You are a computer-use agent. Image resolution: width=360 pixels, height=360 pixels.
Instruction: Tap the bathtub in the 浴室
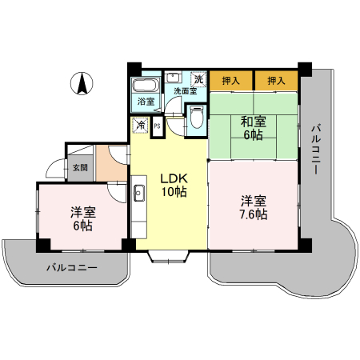(146, 86)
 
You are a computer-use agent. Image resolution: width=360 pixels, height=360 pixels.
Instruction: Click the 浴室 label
(146, 102)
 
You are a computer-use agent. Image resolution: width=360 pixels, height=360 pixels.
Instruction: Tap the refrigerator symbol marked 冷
(140, 125)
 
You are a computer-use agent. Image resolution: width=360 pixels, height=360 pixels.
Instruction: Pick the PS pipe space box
(157, 126)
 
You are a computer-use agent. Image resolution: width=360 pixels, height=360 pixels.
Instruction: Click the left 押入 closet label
(231, 81)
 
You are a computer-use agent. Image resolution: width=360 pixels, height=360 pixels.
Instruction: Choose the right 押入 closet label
(276, 81)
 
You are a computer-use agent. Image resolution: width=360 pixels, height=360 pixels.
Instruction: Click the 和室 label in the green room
(253, 122)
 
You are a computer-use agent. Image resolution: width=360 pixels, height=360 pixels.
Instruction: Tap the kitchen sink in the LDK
(138, 193)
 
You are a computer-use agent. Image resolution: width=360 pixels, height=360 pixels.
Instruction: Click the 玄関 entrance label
(80, 168)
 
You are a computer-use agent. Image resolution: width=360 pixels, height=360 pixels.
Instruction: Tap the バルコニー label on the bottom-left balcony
(71, 266)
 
